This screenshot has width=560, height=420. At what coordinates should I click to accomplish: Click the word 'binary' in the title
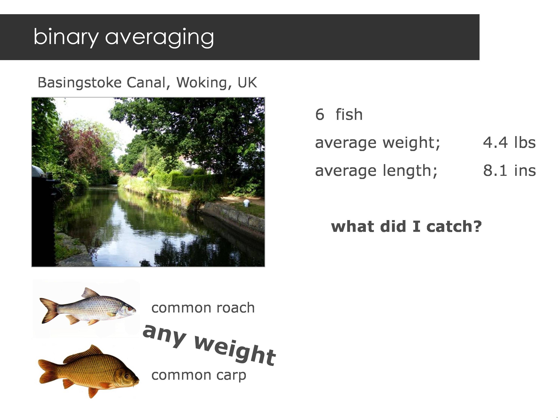click(66, 37)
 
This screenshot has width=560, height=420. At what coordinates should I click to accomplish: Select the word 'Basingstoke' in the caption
click(80, 83)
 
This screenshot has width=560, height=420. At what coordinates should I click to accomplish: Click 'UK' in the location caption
click(247, 83)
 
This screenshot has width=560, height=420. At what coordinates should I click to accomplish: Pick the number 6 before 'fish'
click(320, 114)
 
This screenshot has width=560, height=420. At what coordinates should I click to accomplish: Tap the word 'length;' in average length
click(410, 170)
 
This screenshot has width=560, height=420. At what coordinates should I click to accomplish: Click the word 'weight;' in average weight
click(411, 143)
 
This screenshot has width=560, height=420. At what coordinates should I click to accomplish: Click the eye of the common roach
click(130, 309)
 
